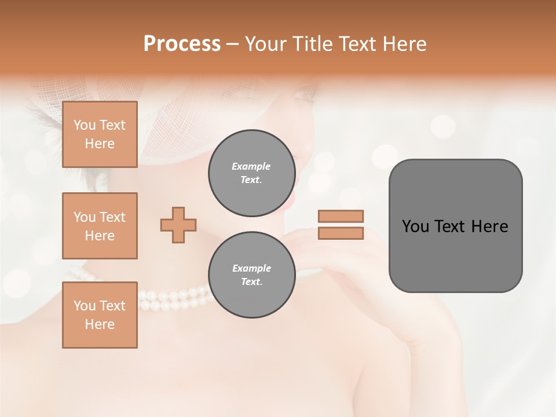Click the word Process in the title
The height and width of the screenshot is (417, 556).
click(182, 44)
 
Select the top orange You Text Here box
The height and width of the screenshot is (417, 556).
click(100, 134)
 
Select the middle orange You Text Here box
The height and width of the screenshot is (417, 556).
click(100, 226)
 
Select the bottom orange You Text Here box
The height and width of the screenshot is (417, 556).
click(100, 315)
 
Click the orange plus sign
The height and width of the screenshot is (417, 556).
click(178, 225)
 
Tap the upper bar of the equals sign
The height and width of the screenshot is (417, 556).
click(341, 216)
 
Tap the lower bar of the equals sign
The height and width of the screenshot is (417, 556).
click(341, 233)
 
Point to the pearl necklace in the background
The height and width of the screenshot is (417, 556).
click(174, 298)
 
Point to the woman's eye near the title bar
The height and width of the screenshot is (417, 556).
click(307, 91)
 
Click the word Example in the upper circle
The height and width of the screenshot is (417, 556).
click(251, 166)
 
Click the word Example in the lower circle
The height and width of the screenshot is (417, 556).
click(251, 268)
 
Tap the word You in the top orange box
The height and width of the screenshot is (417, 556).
click(84, 125)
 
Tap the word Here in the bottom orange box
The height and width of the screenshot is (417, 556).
click(100, 324)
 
